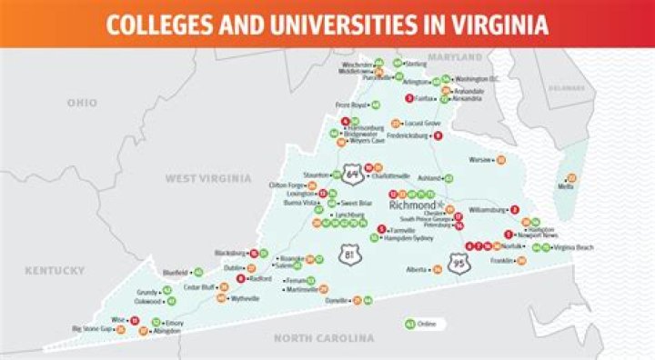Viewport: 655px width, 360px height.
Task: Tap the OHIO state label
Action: tap(82, 103)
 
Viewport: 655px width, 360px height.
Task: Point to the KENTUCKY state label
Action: tap(55, 270)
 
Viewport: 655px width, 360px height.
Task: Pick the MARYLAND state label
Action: tap(455, 57)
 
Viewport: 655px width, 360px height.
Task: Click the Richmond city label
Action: tap(412, 205)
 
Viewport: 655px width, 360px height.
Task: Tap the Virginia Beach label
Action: tap(574, 247)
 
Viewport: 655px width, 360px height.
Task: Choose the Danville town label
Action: tap(337, 300)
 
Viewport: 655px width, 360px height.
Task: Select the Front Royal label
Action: tap(349, 105)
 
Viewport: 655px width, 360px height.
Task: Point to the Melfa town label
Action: tap(565, 186)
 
